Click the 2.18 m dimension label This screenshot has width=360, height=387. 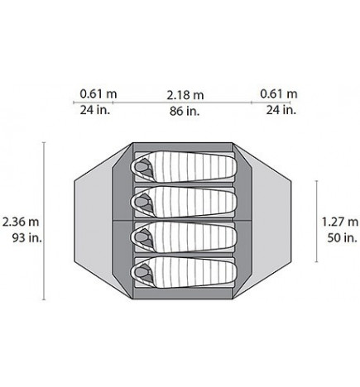[185, 95]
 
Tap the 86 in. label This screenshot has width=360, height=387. [185, 111]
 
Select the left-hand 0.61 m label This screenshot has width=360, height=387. [98, 94]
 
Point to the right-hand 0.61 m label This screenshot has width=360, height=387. [279, 94]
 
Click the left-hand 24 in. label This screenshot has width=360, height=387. [95, 110]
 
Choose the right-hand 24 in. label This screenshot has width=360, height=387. [281, 110]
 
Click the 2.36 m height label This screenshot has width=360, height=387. [21, 222]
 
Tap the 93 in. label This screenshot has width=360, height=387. [26, 237]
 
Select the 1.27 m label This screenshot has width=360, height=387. [340, 222]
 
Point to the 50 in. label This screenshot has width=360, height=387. [343, 237]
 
